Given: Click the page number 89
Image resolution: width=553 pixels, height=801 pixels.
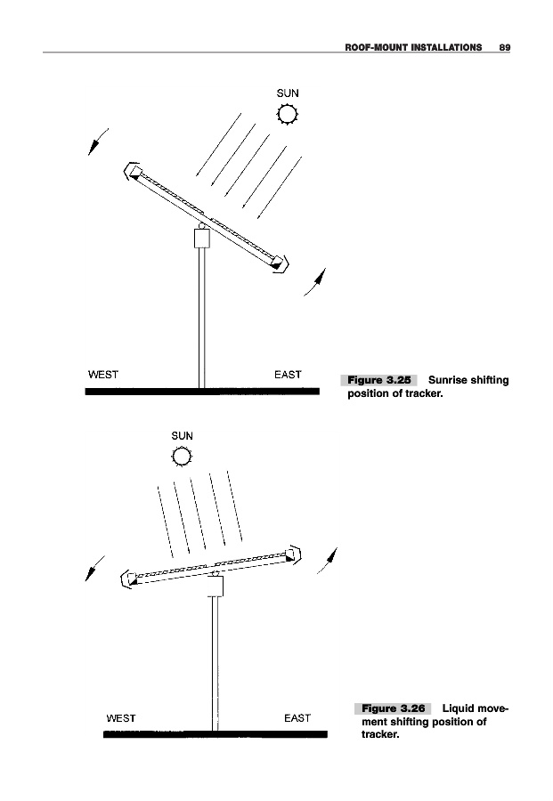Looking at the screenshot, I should [x=504, y=45].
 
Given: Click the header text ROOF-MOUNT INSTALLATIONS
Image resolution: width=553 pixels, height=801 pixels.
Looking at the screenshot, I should [x=413, y=45].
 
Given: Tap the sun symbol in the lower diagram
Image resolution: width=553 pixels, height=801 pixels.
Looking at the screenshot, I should [x=183, y=457].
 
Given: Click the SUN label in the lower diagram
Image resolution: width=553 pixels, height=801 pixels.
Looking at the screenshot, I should [x=182, y=436].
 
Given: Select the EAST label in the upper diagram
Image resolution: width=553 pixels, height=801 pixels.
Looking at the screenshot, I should [x=288, y=374].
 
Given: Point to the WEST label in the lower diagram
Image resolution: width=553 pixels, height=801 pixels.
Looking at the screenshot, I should [x=121, y=717].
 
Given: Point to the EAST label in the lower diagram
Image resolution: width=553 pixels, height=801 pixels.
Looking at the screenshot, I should [x=297, y=717].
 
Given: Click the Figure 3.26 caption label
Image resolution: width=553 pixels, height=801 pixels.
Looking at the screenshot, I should [x=393, y=708].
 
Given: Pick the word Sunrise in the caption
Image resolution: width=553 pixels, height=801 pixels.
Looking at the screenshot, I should [x=451, y=381].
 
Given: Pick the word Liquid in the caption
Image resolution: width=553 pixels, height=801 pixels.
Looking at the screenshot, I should [x=459, y=708].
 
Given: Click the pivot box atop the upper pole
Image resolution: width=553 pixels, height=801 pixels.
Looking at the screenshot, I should [x=201, y=238].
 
